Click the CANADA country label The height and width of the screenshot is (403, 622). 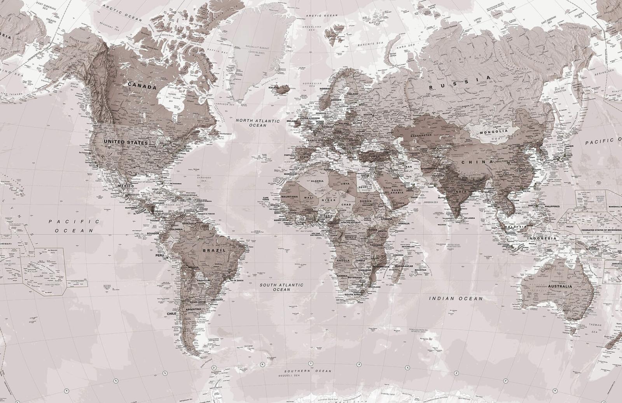[142, 85]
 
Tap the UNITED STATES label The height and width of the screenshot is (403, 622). [126, 142]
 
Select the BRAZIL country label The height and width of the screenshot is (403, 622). [214, 251]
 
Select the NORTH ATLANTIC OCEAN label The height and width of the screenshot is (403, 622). [258, 123]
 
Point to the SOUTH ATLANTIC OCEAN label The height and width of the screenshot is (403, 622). [281, 287]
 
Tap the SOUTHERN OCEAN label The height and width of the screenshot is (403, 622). [307, 371]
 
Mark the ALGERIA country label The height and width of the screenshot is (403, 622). [317, 181]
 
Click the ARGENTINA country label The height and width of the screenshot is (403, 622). [194, 309]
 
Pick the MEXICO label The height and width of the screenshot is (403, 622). [126, 186]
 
